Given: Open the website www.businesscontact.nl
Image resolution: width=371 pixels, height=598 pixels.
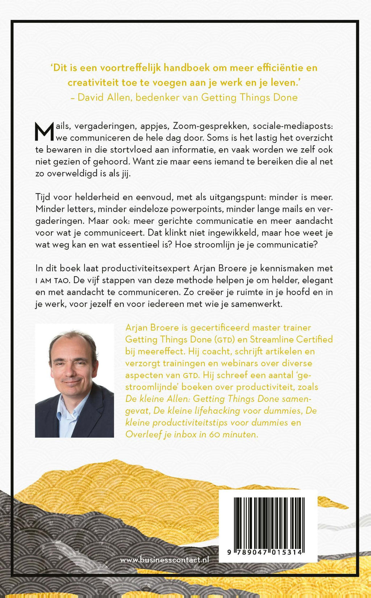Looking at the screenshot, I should [x=164, y=560].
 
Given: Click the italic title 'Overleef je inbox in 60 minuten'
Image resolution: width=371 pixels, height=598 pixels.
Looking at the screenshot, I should [x=192, y=434].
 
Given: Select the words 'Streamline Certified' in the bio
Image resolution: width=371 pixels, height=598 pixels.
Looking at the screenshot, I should [x=291, y=339].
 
